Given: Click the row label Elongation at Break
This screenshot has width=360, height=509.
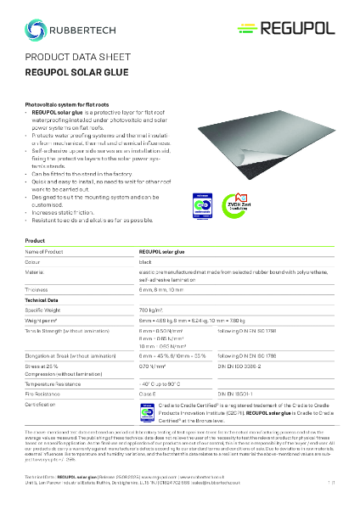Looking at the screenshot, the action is [x=72, y=355].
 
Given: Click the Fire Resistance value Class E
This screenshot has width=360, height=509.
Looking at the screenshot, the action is [x=148, y=395].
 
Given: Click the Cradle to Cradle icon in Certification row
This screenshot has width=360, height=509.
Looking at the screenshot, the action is [x=144, y=408].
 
